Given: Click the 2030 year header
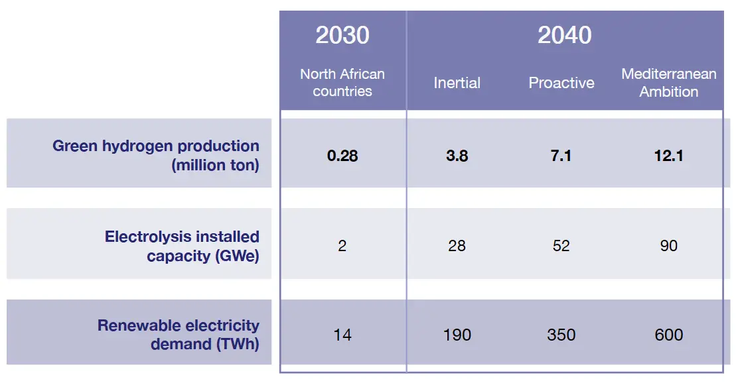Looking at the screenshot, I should [x=342, y=35].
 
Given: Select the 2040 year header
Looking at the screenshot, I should [x=564, y=35].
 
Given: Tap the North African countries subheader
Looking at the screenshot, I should [x=342, y=83].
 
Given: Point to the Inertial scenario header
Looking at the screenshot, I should [x=457, y=83].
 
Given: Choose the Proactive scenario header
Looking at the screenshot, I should [x=561, y=83].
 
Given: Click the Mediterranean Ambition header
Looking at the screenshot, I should [x=668, y=83].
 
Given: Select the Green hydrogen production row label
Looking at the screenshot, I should [x=156, y=155].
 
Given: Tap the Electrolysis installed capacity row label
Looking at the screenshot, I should [x=182, y=246].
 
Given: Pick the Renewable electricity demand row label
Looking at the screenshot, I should [x=179, y=335].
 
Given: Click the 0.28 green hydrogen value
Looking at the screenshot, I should [x=342, y=156].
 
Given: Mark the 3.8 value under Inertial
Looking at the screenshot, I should [x=457, y=156].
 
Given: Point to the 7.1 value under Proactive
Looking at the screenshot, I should [x=561, y=156].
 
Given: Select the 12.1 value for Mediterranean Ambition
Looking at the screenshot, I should [x=668, y=156].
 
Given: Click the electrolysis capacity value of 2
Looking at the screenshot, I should [x=342, y=246].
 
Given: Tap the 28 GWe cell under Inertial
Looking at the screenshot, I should [x=457, y=246].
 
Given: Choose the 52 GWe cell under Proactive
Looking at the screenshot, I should [x=561, y=246].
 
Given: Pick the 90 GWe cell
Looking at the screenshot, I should [x=668, y=246].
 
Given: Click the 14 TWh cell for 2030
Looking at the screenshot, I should [x=342, y=335].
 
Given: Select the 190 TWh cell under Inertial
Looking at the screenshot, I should [x=457, y=335].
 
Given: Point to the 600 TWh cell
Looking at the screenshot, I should [x=668, y=335].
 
